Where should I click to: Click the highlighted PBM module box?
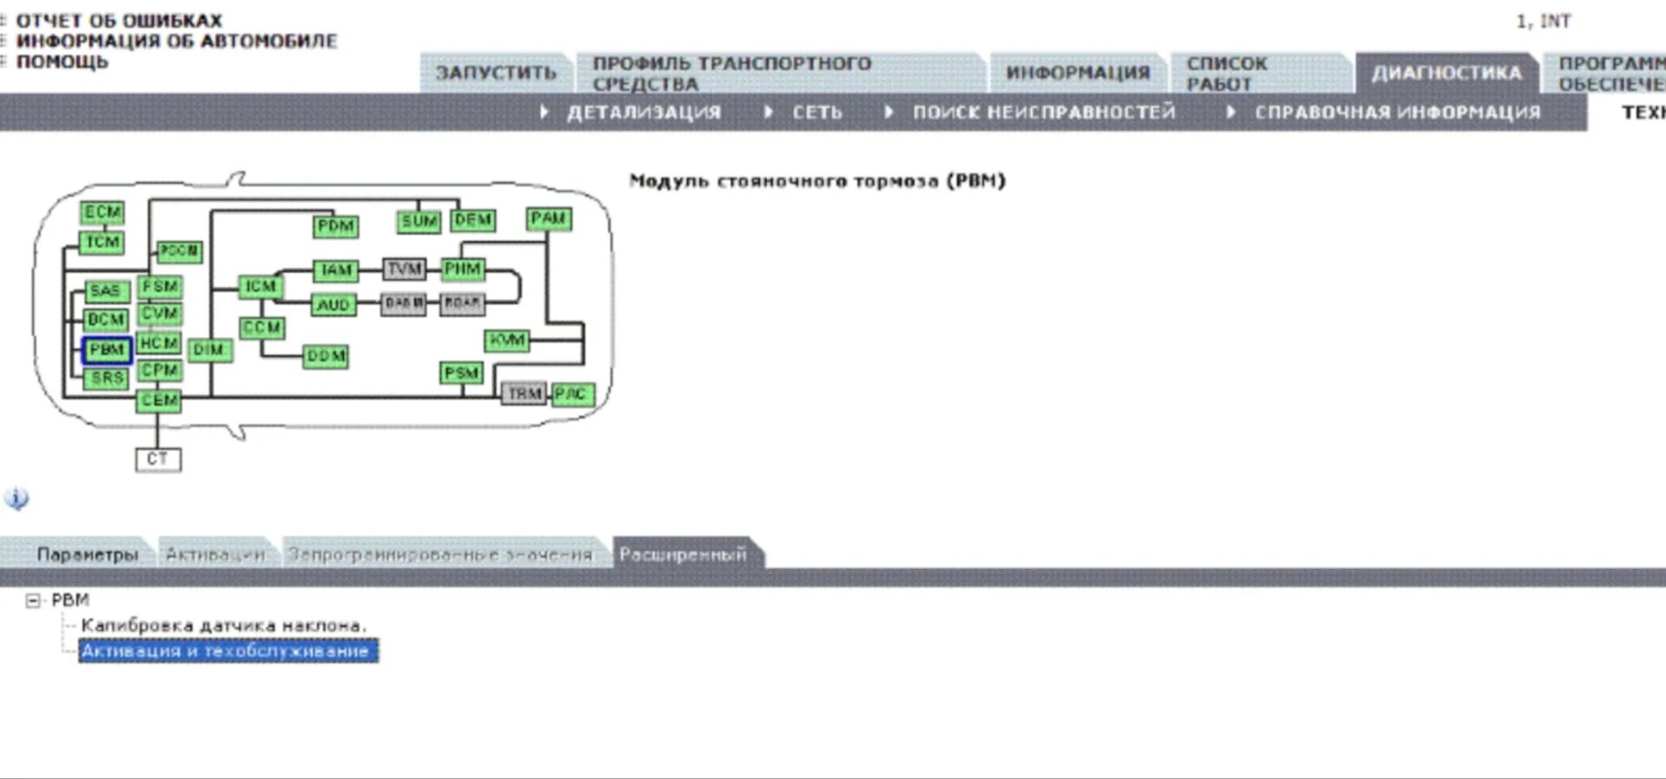click(107, 350)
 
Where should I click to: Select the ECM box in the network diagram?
click(102, 213)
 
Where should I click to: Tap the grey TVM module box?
click(404, 269)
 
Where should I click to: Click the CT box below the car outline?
click(158, 459)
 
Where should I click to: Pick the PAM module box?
click(548, 219)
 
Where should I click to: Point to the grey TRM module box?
click(523, 394)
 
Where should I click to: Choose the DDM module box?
click(326, 357)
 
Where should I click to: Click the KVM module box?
click(507, 340)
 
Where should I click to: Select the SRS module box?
click(107, 378)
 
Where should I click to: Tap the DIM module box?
click(209, 350)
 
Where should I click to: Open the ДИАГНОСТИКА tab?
click(1446, 73)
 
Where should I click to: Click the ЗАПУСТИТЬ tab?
click(495, 73)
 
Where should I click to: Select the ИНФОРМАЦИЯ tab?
click(1077, 73)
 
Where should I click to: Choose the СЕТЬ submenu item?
click(816, 113)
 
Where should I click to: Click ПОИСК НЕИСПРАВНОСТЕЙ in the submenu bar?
click(1043, 113)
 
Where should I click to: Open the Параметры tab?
click(87, 554)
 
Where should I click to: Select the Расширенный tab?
click(683, 554)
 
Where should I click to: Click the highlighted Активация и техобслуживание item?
click(227, 651)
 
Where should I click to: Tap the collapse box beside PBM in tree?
click(33, 600)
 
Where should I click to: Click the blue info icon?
click(16, 499)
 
